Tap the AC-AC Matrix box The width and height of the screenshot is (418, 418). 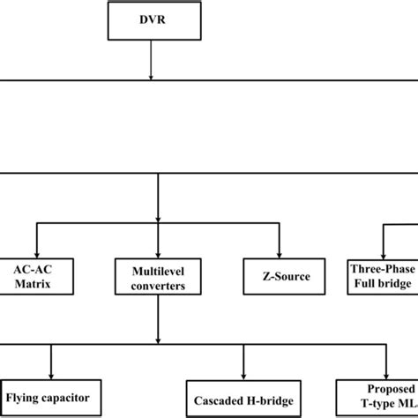pyautogui.click(x=36, y=276)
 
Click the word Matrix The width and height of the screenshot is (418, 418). pyautogui.click(x=36, y=285)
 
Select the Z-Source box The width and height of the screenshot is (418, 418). pyautogui.click(x=279, y=276)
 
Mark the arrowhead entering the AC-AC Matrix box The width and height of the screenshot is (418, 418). pyautogui.click(x=36, y=250)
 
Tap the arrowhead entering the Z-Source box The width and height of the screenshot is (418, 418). pyautogui.click(x=279, y=250)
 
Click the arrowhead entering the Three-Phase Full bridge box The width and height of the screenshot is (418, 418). pyautogui.click(x=383, y=250)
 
